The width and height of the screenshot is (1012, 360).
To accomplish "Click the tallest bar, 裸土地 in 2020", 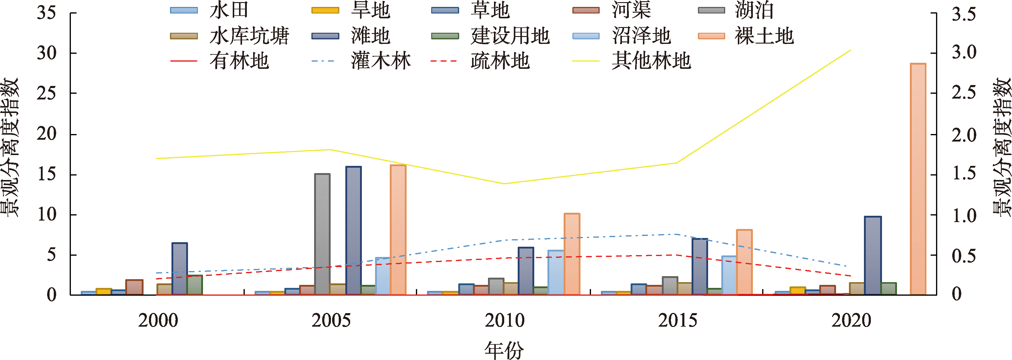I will pos(918,179).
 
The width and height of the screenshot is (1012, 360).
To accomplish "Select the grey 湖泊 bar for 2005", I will pos(322,234).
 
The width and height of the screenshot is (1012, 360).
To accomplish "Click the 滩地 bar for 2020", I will pos(873,255).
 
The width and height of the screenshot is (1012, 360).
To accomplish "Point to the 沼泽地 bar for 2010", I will pos(556,272).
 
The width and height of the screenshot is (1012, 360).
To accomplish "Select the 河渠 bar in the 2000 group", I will pos(134,287).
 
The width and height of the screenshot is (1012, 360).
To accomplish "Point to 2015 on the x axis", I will pos(678,320).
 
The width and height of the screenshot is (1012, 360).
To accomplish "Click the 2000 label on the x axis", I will pos(158,320).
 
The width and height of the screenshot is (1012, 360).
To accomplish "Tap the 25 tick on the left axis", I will pos(46,93).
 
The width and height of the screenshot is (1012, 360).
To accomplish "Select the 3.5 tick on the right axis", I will pos(964,14).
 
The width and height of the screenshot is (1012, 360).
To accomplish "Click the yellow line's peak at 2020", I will pos(850,50).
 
